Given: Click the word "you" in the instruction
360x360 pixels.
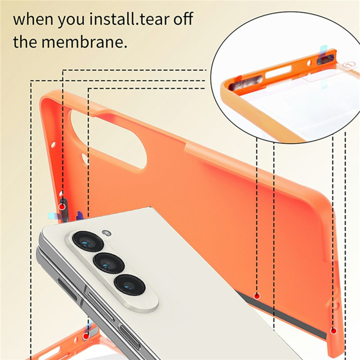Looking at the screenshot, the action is (72, 21).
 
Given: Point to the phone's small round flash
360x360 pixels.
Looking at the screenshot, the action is (107, 233).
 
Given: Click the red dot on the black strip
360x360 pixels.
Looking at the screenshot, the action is (257, 296).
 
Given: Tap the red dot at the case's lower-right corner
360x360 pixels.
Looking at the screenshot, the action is (333, 331).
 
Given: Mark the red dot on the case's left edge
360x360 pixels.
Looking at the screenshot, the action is (62, 207).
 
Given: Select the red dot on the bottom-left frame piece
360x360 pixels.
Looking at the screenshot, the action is (86, 336).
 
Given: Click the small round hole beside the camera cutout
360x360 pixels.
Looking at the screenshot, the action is (84, 160).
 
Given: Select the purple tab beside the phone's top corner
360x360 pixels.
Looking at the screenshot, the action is (80, 216).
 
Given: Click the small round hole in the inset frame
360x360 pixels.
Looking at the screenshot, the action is (310, 63).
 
